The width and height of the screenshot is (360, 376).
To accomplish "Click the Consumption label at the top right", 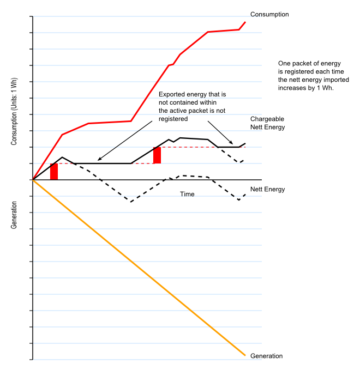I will [269, 14].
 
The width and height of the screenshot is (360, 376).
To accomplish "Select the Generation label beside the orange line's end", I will [266, 356].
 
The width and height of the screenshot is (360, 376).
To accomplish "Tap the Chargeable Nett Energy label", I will [268, 123].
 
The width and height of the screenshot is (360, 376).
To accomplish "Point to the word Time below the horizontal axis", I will [187, 194].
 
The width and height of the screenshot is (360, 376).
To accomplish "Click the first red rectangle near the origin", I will [54, 172].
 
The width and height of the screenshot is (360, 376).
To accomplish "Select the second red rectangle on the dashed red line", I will [157, 155].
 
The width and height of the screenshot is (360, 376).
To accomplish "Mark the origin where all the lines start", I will [33, 180].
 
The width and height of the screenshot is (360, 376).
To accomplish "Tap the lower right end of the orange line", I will [245, 356].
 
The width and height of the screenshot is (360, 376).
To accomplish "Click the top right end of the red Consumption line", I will [245, 22].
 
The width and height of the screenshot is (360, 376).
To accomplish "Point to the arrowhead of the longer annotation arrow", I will [99, 160].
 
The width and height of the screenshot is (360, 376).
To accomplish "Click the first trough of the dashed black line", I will [131, 201].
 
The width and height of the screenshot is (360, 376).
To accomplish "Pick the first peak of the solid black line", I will [62, 157].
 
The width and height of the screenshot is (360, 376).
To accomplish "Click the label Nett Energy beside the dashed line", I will [268, 189].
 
